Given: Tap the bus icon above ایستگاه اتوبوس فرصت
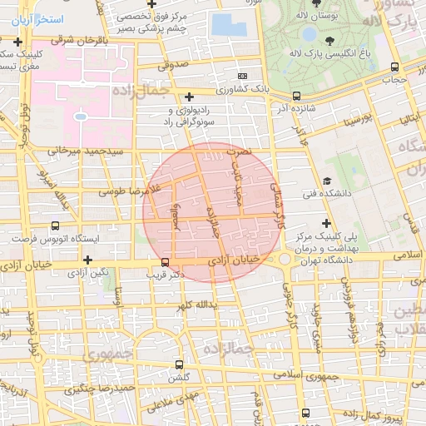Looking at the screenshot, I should click(55, 225).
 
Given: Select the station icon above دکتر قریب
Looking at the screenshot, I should click(165, 261).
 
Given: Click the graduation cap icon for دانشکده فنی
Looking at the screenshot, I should click(328, 181).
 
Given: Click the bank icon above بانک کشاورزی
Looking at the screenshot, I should click(242, 75).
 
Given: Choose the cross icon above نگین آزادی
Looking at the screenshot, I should click(87, 259).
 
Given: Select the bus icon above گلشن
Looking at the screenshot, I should click(179, 364).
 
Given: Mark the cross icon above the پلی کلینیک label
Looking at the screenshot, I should click(326, 223).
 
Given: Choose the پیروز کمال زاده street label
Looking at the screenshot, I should click(386, 415).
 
